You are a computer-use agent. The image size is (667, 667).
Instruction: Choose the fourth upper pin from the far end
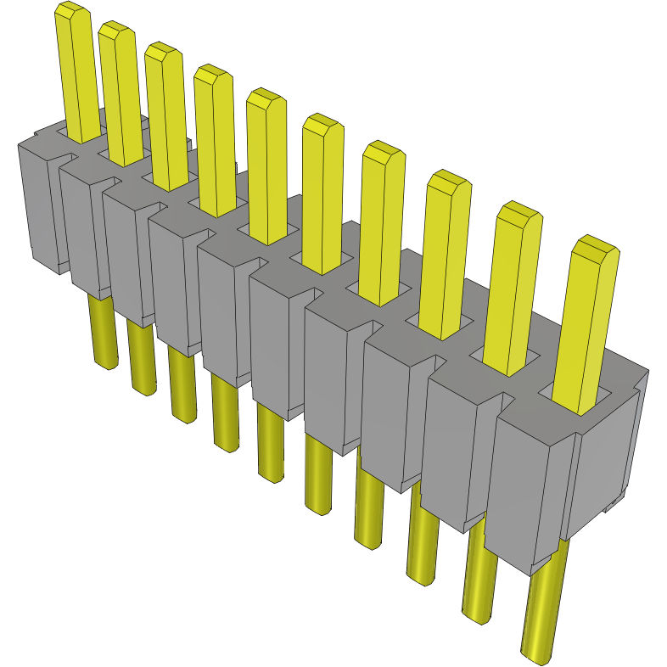(x=215, y=140)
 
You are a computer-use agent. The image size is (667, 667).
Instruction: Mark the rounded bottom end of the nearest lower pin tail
(x=535, y=653)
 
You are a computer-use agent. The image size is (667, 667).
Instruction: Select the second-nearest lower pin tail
(x=479, y=586)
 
